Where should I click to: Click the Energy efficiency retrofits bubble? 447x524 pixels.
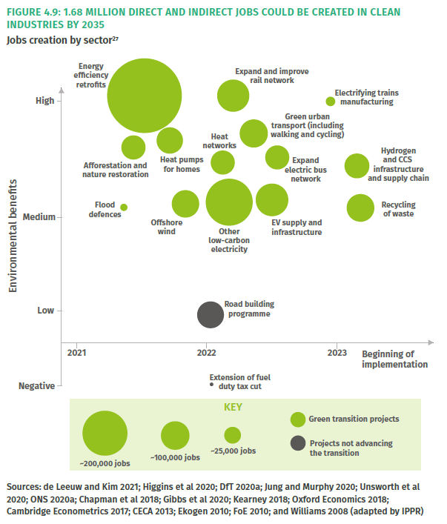pos(145,96)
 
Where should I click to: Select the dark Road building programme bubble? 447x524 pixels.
pos(211,314)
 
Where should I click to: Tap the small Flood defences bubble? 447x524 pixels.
pos(124,208)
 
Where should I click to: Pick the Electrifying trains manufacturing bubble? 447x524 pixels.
pos(331,102)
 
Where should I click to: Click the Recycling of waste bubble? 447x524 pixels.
pos(361,208)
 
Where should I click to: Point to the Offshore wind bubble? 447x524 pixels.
pos(185,204)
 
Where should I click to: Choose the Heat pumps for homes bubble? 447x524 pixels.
pos(170,140)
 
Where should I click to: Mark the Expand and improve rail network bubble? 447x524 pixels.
pos(234,95)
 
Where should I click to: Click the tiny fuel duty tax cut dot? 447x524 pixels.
pos(211,385)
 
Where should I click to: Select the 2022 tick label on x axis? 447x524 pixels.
pos(206,353)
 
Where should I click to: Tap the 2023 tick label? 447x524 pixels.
pos(337,353)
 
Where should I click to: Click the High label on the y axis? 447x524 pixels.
pos(44,101)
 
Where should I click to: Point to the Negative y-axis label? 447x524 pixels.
pos(36,386)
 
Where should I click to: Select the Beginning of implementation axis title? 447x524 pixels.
pos(395,359)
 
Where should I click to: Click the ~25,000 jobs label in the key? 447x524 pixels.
pos(233,451)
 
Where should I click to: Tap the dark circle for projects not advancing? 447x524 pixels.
pos(297,443)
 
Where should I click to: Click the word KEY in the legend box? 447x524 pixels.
pos(233,407)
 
